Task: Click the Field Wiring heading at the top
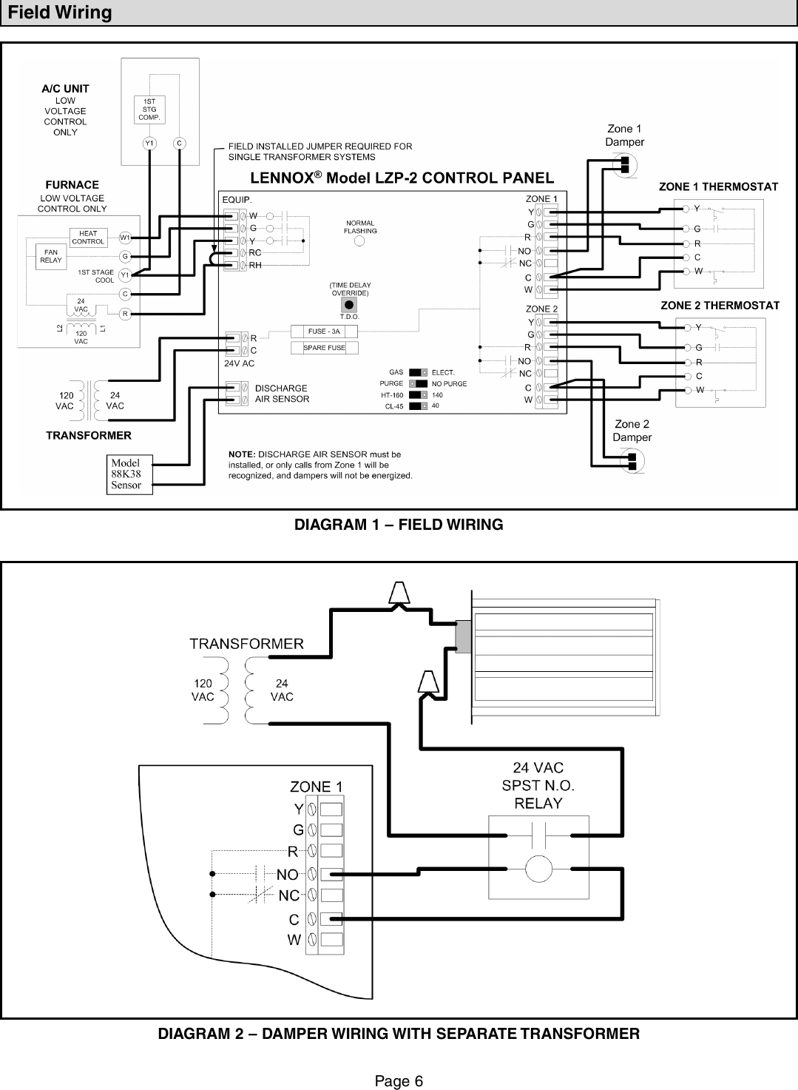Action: click(x=60, y=13)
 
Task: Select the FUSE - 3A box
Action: click(x=324, y=332)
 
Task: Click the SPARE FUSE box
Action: click(x=324, y=348)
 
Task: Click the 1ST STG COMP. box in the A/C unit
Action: click(x=149, y=109)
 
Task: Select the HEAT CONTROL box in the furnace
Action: click(x=88, y=238)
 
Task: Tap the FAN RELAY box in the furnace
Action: click(x=50, y=257)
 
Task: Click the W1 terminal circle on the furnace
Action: click(x=125, y=238)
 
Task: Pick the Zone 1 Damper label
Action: click(x=624, y=135)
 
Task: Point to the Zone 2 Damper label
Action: click(x=632, y=431)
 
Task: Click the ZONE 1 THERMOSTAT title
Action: click(x=718, y=187)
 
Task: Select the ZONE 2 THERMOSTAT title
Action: click(x=720, y=305)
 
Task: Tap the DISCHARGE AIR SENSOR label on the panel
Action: click(x=282, y=393)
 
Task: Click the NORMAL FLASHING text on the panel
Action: click(x=360, y=226)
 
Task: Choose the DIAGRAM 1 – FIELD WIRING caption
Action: click(x=399, y=525)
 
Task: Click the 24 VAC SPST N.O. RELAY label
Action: click(x=538, y=785)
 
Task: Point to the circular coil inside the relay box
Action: click(x=538, y=867)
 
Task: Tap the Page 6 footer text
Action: click(x=399, y=1081)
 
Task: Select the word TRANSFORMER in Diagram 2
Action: click(x=246, y=643)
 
